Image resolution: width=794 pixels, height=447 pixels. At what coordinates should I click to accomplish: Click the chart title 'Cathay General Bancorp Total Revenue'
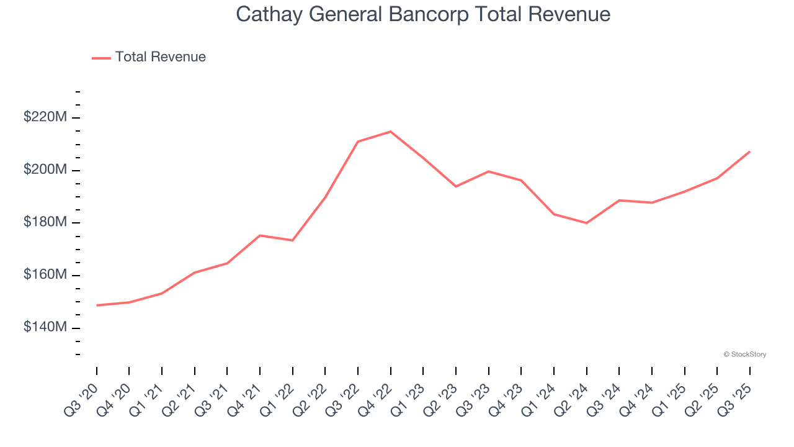coord(423,14)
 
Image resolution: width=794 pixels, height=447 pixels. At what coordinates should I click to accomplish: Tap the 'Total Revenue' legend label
coord(160,57)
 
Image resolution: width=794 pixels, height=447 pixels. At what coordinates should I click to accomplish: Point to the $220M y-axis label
coord(45,117)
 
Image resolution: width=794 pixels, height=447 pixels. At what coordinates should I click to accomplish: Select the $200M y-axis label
coord(45,169)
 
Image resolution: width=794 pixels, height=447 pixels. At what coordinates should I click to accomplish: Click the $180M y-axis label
coord(45,222)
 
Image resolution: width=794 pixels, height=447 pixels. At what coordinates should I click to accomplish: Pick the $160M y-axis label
coord(45,274)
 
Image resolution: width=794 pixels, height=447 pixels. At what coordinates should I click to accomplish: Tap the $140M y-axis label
coord(45,327)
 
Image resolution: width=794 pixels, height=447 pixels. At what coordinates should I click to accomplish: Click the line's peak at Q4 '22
coord(390,132)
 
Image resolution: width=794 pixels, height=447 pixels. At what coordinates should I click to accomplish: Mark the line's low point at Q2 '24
coord(586,223)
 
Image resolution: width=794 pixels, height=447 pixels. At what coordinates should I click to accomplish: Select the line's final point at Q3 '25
coord(749,151)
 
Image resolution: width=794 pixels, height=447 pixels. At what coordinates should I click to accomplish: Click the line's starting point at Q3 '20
coord(97,305)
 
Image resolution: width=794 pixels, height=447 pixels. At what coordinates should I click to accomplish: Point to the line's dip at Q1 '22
coord(292,240)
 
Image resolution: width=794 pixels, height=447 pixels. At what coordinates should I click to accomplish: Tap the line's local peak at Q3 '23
coord(488,171)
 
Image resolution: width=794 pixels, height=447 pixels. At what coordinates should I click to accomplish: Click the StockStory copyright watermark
coord(744,354)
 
